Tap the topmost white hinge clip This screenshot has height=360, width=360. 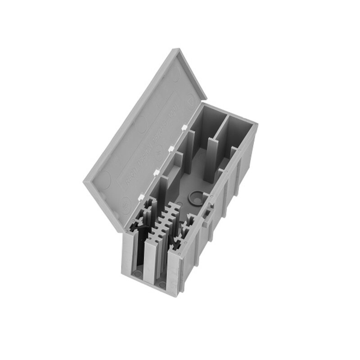[x=184, y=128]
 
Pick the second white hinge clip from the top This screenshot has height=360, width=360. [x=171, y=148]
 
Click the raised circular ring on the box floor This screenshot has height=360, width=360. [x=196, y=196]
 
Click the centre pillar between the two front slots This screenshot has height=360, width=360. [x=150, y=265]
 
